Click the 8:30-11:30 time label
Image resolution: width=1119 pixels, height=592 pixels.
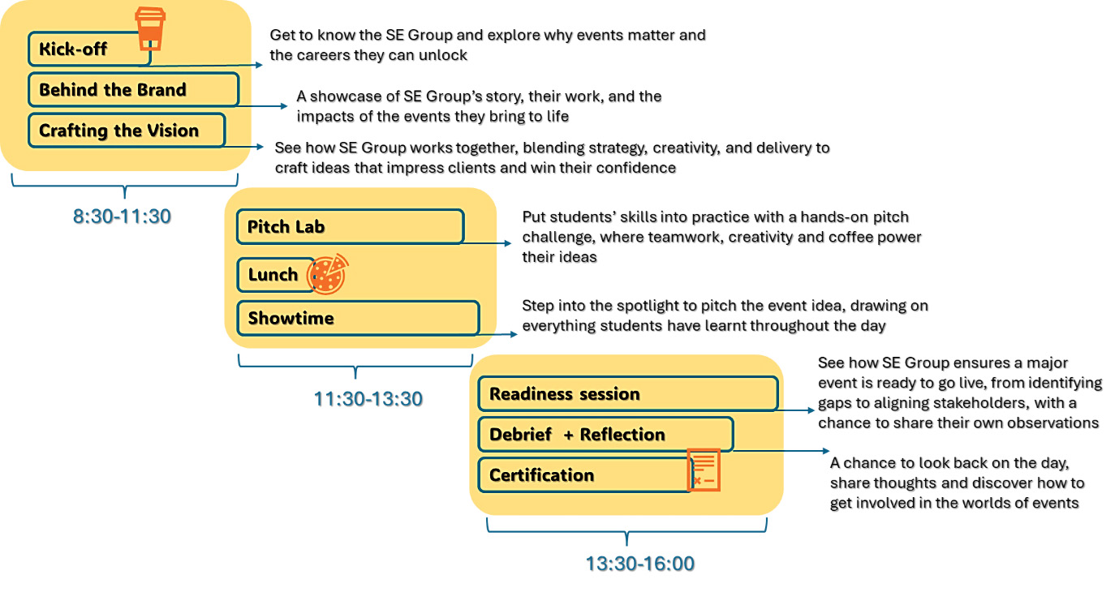(122, 217)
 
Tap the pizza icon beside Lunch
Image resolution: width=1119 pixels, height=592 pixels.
(328, 274)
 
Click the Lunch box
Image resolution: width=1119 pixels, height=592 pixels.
(274, 275)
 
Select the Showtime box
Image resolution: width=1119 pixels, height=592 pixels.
(357, 318)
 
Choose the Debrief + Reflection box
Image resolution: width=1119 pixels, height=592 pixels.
(605, 435)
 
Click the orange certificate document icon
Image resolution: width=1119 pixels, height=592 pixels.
(703, 470)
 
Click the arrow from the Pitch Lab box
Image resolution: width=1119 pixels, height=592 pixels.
(487, 242)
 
